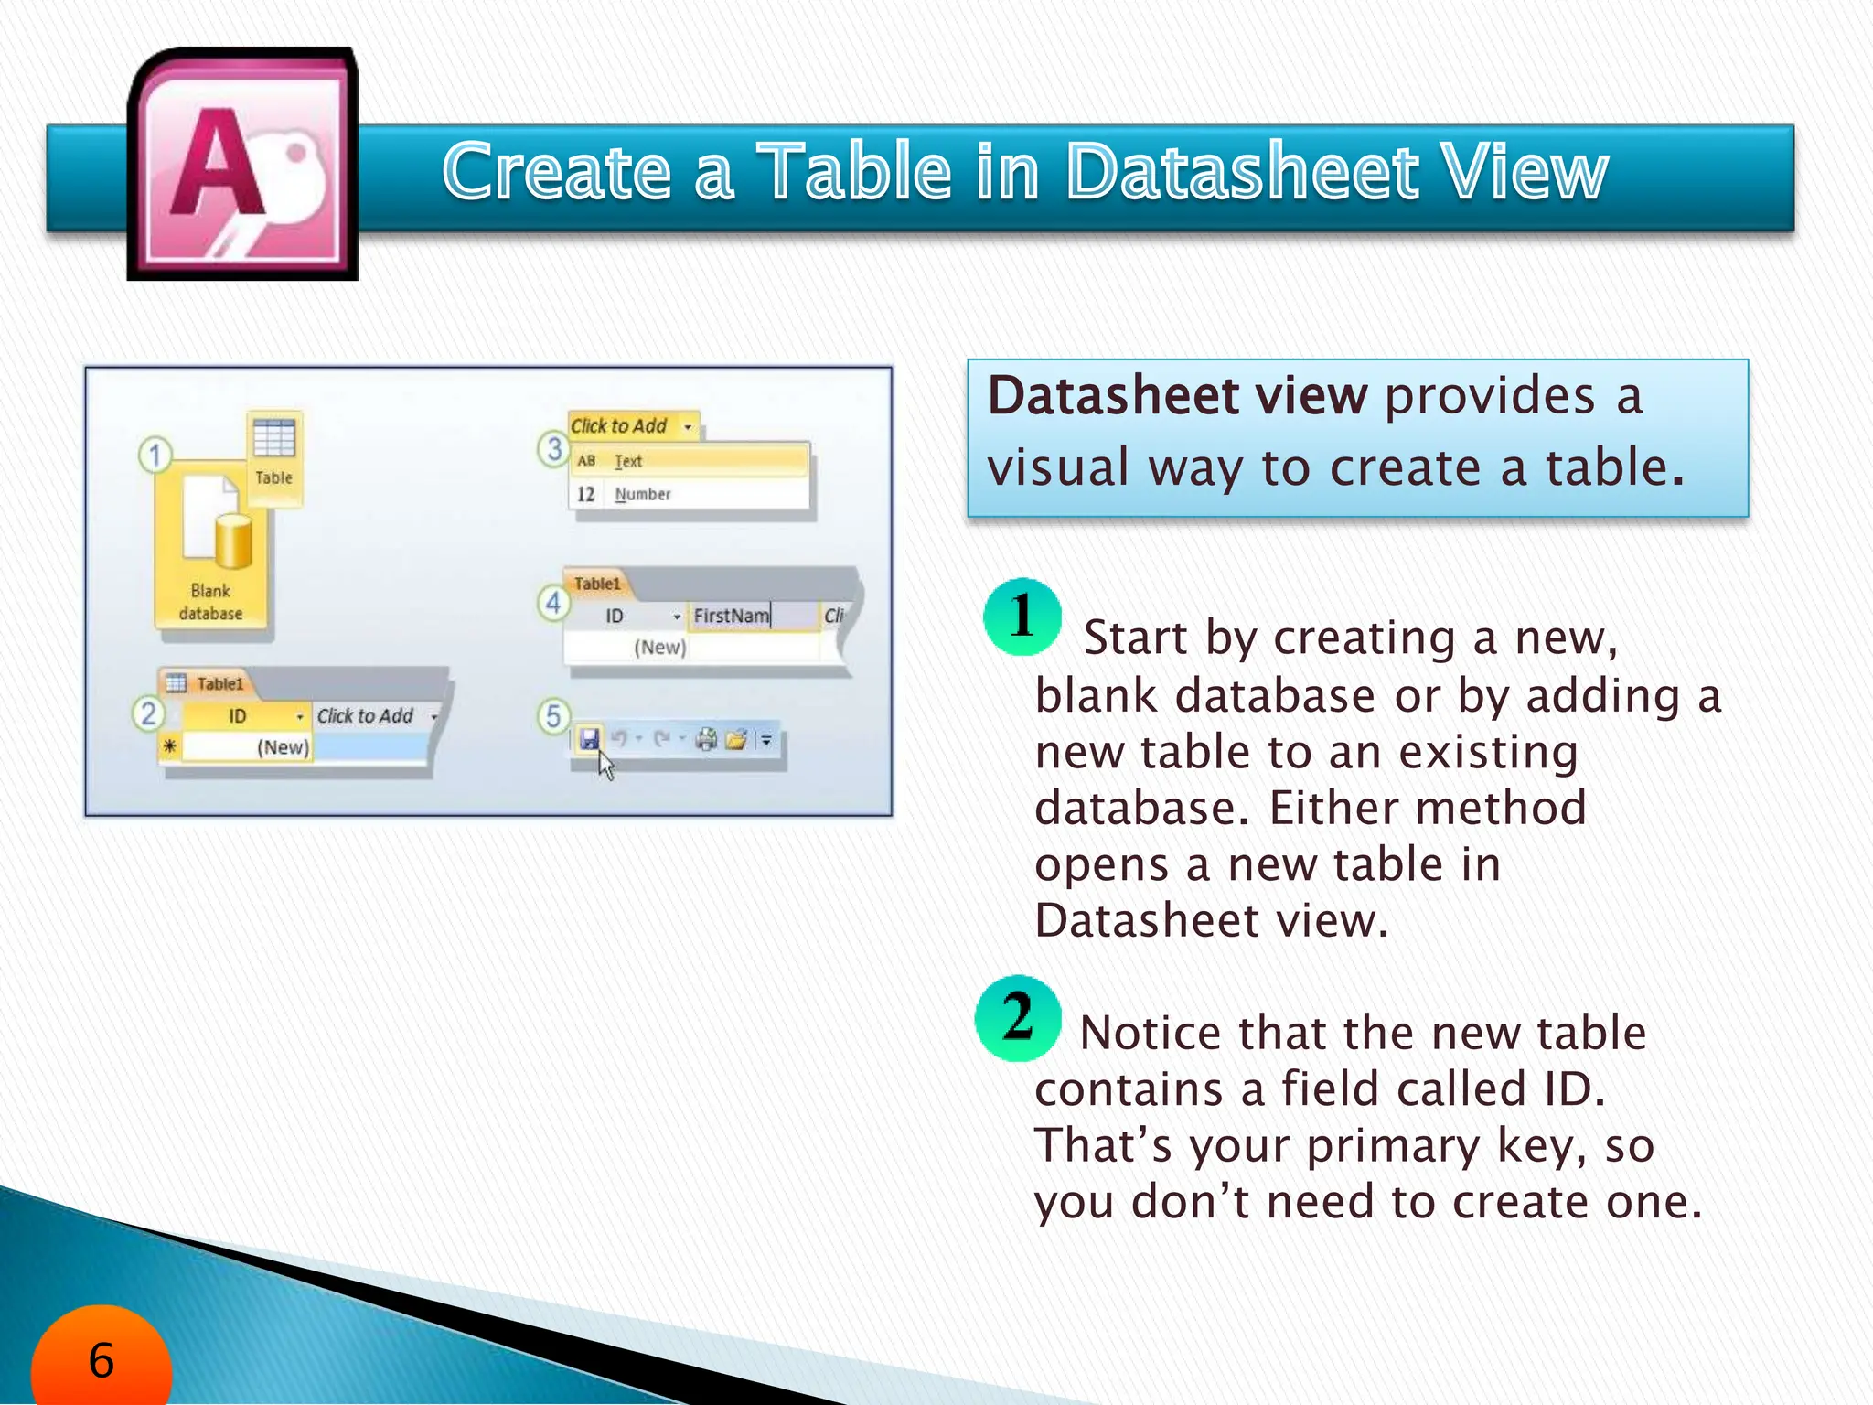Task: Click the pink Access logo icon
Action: [243, 165]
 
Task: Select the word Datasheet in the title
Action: [1243, 171]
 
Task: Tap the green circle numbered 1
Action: [1022, 617]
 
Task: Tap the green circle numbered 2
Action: [1018, 1018]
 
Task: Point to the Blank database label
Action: [210, 602]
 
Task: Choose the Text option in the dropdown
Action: [628, 461]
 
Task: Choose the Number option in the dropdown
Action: [642, 494]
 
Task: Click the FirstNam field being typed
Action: [732, 616]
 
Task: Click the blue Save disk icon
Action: [589, 738]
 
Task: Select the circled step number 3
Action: [553, 449]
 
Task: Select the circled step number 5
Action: [553, 716]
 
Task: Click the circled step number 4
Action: [553, 603]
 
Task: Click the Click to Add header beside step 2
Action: [366, 716]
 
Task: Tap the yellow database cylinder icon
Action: [233, 542]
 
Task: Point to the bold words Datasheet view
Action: [1177, 396]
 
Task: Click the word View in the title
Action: [1522, 171]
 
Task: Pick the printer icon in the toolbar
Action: [706, 739]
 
